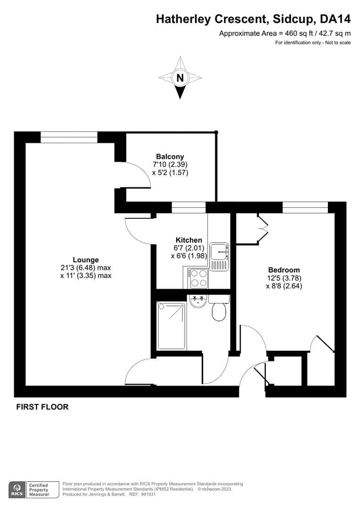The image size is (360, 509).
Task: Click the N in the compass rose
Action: coord(180,78)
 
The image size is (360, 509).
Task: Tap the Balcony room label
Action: coord(170,156)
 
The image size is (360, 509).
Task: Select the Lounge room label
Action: coord(86,260)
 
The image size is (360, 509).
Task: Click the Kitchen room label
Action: coord(188,240)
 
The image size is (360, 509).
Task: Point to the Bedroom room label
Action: coord(284,270)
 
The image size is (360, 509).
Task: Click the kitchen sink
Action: coord(219,256)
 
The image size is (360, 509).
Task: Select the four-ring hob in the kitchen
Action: coord(199,278)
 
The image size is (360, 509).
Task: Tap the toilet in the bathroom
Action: coord(219,309)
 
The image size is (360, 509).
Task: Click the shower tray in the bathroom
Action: coord(172,325)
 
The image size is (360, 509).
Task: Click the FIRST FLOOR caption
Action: coord(42,407)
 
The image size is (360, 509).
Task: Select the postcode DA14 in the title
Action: coord(335,19)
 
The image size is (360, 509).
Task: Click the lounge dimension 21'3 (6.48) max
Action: coord(86,268)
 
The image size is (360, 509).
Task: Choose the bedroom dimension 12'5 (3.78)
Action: coord(284,278)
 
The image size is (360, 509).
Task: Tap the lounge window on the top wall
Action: coord(69,137)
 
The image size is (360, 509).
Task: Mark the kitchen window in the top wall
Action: coord(188,207)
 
